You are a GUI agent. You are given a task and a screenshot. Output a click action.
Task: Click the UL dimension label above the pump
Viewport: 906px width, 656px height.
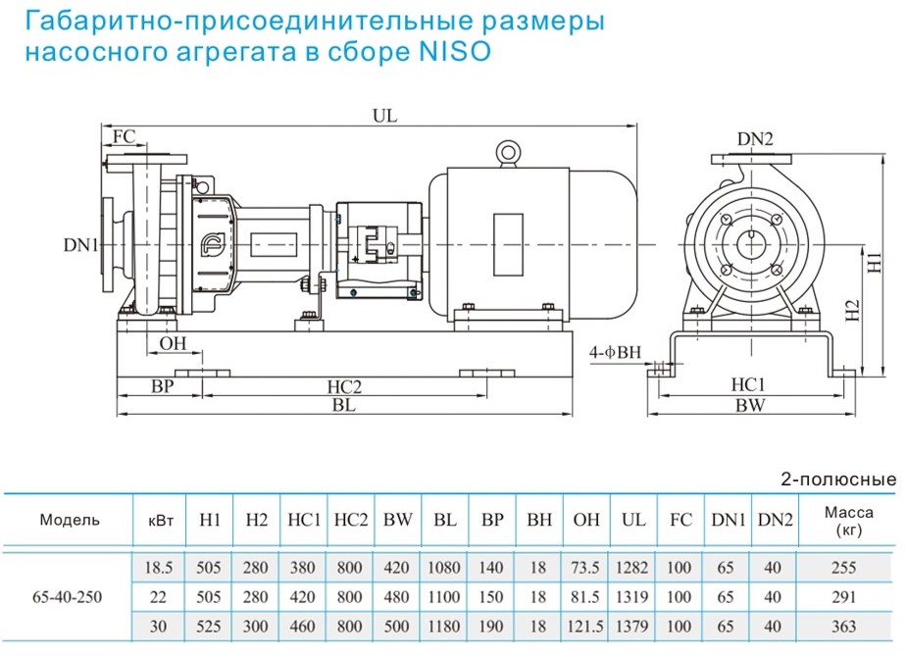point(384,115)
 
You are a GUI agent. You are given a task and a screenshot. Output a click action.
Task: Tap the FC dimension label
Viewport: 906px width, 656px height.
point(125,135)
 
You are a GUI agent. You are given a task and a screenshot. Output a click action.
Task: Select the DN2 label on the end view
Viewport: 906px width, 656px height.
point(755,139)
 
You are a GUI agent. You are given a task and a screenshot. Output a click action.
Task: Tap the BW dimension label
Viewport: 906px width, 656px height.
point(752,405)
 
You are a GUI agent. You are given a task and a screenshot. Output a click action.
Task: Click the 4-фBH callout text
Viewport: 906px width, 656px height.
point(615,350)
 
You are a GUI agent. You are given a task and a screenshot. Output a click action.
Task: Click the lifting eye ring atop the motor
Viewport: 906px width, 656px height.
point(508,152)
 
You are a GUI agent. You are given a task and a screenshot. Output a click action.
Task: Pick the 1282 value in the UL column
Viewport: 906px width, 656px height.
point(634,568)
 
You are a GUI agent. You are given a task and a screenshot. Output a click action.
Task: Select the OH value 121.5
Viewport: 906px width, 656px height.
point(586,626)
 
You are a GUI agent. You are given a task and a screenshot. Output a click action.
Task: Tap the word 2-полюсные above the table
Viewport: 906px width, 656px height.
point(837,479)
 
